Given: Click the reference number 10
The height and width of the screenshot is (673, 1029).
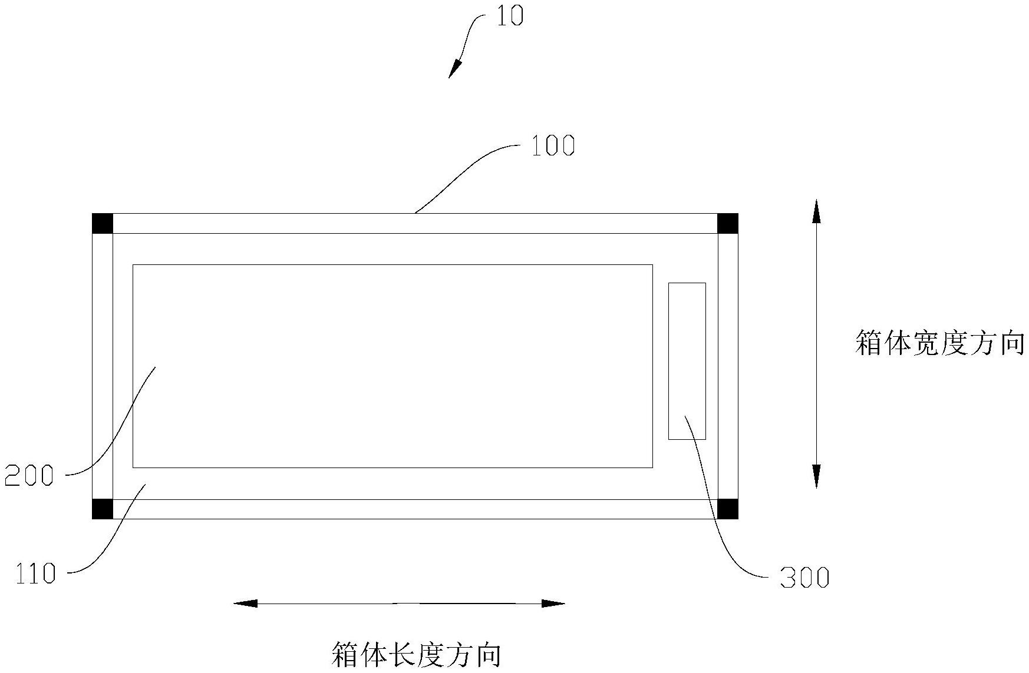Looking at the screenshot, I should (x=509, y=16).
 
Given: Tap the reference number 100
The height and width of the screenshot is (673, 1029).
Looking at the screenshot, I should (x=552, y=145).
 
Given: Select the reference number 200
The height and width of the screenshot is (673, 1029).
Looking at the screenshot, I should (x=29, y=475).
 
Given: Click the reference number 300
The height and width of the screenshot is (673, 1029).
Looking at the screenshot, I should (x=804, y=578).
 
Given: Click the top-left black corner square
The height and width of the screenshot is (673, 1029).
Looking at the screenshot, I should (x=103, y=224).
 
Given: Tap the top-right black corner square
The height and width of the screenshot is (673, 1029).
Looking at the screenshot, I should (x=727, y=224).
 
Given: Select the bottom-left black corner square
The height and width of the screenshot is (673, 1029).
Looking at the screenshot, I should (x=103, y=509).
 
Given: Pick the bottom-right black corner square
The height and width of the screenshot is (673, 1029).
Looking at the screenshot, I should (x=727, y=509).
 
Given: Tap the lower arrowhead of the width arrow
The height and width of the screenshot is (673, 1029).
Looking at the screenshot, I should (x=816, y=476).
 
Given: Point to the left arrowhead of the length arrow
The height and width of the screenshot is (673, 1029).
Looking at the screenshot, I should (x=246, y=603).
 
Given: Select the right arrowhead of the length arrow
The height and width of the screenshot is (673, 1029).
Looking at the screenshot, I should (x=553, y=603).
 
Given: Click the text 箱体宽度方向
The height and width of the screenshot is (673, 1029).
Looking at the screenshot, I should (x=939, y=343).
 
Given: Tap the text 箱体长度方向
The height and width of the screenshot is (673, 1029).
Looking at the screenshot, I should (x=416, y=655).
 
